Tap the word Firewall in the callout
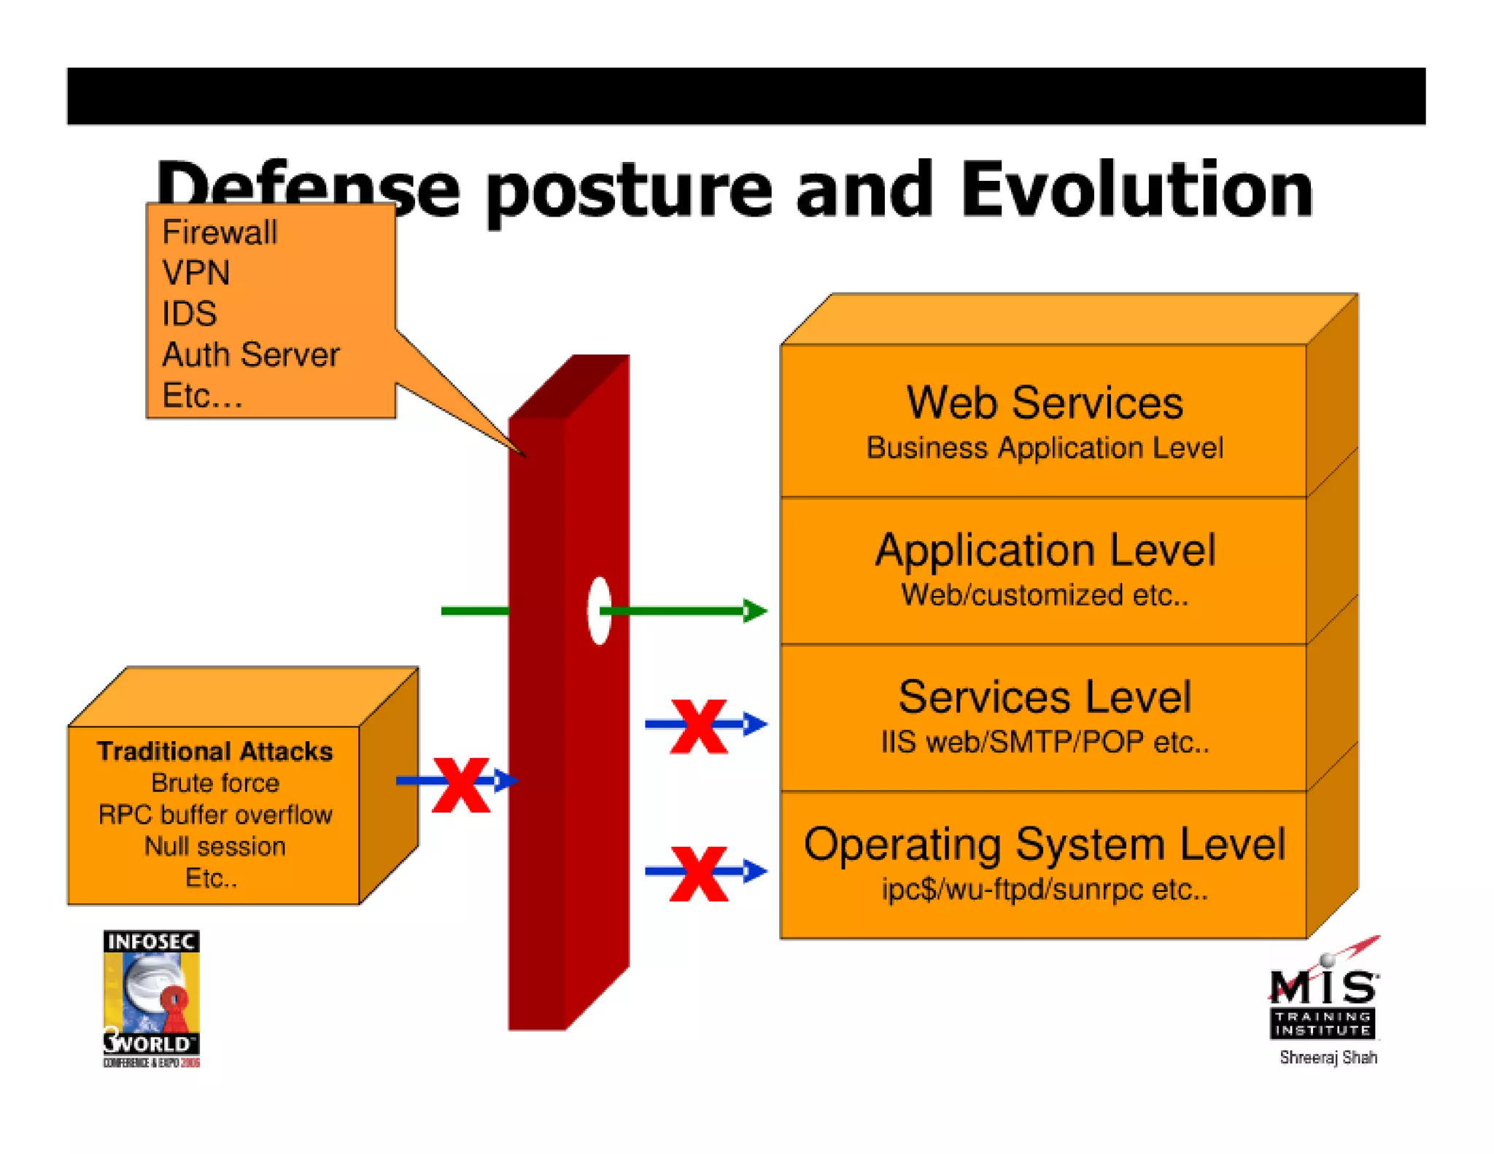tap(220, 233)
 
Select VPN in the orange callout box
tap(196, 274)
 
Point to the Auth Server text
tap(250, 355)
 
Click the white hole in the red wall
tap(599, 611)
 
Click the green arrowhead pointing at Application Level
tap(754, 611)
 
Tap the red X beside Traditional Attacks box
tap(460, 785)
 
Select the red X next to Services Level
tap(698, 727)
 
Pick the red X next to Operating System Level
tap(698, 873)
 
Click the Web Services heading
tap(1044, 403)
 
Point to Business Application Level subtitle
tap(1044, 448)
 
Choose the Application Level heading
tap(1044, 550)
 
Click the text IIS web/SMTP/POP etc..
tap(1044, 742)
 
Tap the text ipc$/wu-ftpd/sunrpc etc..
tap(1044, 889)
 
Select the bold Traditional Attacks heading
tap(214, 751)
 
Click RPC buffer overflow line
tap(214, 815)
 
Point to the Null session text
tap(214, 846)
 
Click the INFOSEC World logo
tap(151, 998)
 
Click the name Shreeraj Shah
tap(1328, 1057)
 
